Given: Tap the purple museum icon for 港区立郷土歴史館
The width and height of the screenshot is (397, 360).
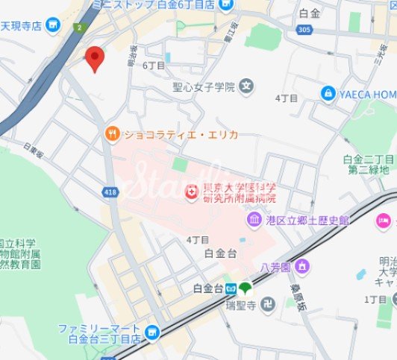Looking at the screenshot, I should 254,220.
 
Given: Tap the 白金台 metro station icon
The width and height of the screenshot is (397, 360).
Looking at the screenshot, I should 231,288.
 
